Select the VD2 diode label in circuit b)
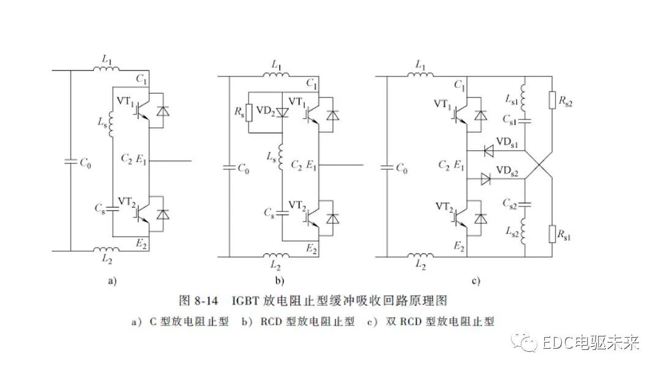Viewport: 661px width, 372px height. (265, 110)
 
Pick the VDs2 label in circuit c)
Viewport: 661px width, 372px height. (507, 170)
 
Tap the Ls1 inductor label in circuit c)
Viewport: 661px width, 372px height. (511, 98)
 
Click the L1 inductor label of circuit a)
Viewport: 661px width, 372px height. (107, 59)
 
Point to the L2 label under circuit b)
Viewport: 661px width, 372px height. (277, 264)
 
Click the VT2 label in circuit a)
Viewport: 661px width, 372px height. (126, 200)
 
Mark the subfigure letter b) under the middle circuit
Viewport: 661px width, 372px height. (280, 281)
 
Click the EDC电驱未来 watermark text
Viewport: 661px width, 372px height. (590, 343)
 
